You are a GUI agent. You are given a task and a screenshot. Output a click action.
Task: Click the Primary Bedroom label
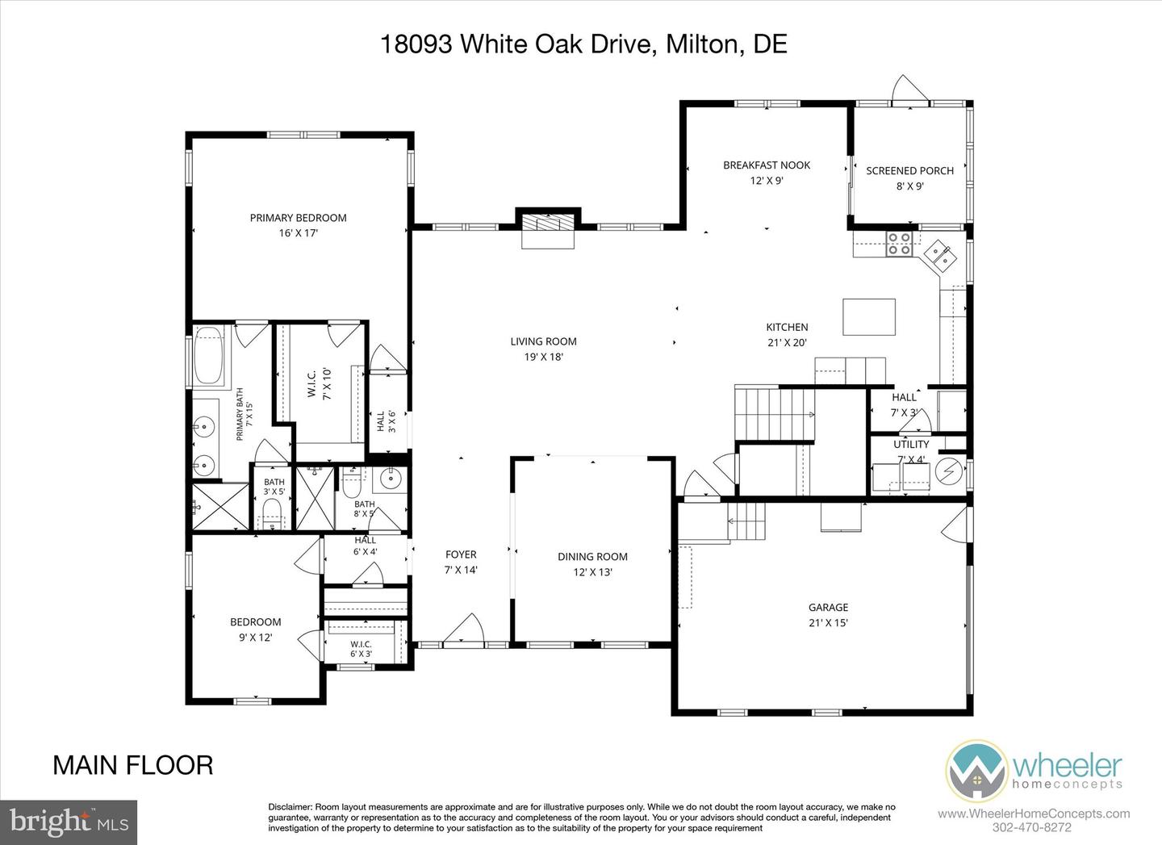(x=299, y=218)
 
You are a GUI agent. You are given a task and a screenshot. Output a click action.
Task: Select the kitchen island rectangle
(x=869, y=317)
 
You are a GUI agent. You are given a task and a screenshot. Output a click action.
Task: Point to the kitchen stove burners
(x=899, y=244)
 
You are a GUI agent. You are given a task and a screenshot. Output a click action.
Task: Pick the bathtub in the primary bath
(x=208, y=355)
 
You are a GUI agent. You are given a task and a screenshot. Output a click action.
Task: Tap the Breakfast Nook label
(x=767, y=165)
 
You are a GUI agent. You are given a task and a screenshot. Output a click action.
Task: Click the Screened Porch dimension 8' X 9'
(x=910, y=186)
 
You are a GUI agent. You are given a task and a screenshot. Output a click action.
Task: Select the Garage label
(x=829, y=608)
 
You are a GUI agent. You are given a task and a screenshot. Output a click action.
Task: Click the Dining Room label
(x=592, y=557)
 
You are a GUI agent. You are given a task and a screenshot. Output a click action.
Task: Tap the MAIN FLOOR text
(x=133, y=766)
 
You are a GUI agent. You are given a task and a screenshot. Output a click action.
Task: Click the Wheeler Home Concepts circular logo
(x=976, y=771)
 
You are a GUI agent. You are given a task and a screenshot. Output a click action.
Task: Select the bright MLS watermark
(x=69, y=822)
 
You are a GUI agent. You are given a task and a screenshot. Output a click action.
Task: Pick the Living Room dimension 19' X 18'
(x=543, y=357)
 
